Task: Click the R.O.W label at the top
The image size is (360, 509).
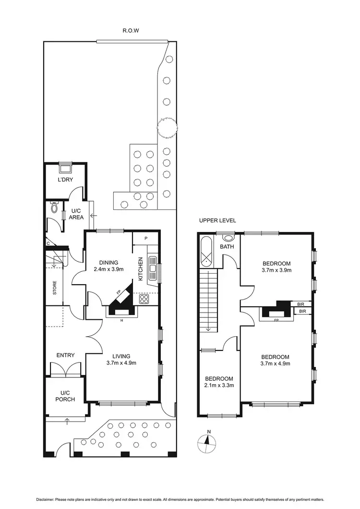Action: click(128, 30)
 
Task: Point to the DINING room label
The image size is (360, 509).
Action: click(108, 262)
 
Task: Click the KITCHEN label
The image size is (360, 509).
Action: click(141, 268)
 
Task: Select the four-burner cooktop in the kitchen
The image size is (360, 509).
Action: click(144, 299)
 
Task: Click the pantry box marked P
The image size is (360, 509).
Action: click(146, 238)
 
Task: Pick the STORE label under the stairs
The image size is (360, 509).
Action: click(54, 287)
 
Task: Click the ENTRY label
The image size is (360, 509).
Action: click(65, 355)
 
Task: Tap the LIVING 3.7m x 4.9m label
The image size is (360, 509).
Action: click(121, 359)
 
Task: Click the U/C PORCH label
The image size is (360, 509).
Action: click(65, 396)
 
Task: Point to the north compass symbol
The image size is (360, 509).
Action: click(207, 442)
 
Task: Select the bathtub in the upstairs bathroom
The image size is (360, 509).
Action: click(207, 253)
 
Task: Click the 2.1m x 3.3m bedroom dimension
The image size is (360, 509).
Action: click(220, 385)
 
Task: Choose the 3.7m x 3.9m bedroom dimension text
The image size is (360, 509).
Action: click(276, 270)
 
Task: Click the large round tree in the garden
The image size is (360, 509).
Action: click(167, 126)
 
